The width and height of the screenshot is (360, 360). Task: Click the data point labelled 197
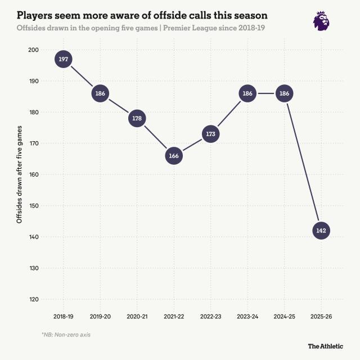[x=64, y=59]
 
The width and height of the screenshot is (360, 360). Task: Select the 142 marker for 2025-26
[x=321, y=231]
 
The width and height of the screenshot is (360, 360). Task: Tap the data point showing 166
[x=174, y=156]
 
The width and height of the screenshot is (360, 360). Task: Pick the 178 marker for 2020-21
[x=137, y=119]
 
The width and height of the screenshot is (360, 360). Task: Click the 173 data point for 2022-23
[x=210, y=134]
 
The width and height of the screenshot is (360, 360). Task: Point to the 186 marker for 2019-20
[x=100, y=93]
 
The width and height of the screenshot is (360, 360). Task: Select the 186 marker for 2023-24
[x=247, y=93]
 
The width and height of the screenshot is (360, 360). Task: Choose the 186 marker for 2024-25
[x=284, y=93]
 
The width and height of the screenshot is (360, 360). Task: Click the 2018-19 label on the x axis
[x=64, y=318]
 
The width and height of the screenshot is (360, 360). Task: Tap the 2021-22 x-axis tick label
[x=174, y=318]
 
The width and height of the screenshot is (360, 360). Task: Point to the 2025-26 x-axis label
[x=321, y=318]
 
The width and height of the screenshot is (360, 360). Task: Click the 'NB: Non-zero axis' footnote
[x=66, y=335]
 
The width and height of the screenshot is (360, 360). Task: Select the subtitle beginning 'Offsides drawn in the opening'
[x=141, y=28]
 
